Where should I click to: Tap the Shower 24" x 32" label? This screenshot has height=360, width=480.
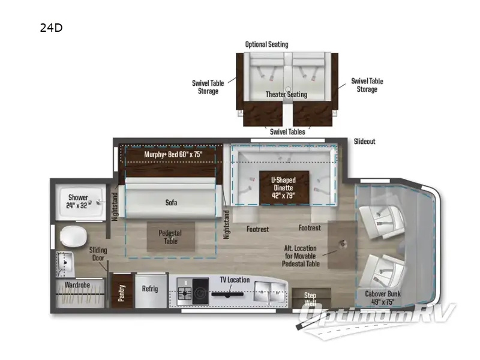(x=77, y=201)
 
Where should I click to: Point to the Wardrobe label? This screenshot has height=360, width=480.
(x=77, y=286)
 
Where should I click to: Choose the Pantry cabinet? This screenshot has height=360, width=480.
(x=122, y=292)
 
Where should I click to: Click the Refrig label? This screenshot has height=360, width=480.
(x=149, y=289)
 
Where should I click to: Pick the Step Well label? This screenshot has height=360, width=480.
(x=310, y=298)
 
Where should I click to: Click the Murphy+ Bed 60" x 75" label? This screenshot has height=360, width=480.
(x=173, y=154)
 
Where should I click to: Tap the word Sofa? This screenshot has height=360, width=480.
(x=172, y=202)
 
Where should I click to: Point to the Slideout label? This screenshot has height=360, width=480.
(x=364, y=142)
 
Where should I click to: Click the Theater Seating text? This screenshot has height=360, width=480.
(x=286, y=94)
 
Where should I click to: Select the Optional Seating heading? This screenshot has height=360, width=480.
(x=266, y=44)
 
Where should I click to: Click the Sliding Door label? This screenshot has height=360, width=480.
(x=98, y=254)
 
